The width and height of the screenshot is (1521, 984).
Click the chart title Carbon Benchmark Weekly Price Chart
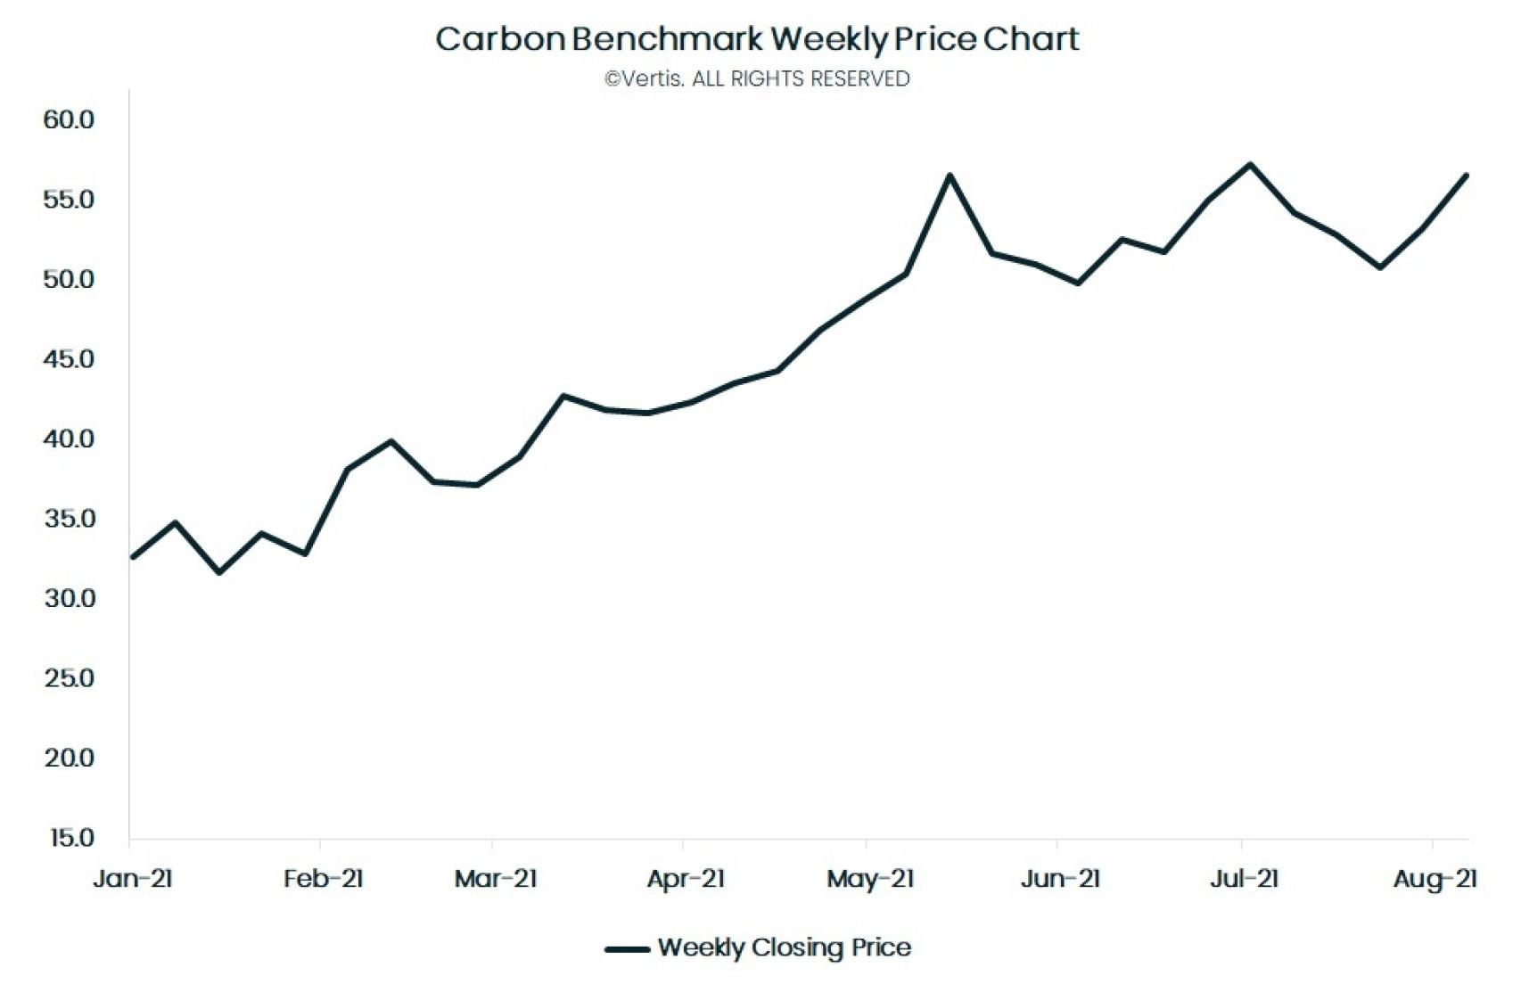(x=757, y=39)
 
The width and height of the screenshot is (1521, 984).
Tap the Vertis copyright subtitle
(x=757, y=79)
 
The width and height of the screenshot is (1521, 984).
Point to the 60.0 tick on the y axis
(x=69, y=119)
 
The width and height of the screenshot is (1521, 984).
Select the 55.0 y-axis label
(x=69, y=200)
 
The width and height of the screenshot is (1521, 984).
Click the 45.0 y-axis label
(x=69, y=359)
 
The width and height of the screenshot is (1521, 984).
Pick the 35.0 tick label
(x=69, y=519)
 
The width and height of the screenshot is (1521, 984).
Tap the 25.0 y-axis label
(x=69, y=678)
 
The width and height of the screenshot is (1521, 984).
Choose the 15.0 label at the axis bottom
(x=69, y=838)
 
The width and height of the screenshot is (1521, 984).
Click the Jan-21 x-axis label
(x=133, y=879)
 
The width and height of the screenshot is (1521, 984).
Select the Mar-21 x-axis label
(x=496, y=879)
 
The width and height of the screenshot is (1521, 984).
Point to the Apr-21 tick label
(x=686, y=879)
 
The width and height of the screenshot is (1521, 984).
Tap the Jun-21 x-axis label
(x=1060, y=879)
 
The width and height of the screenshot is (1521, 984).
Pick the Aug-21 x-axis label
(x=1435, y=879)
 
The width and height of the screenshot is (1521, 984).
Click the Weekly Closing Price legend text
(x=785, y=947)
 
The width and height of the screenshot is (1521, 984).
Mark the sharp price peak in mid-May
(x=950, y=176)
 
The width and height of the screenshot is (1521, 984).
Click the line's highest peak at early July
(x=1250, y=164)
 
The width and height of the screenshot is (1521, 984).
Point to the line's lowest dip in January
(x=219, y=572)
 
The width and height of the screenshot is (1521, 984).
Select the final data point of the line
(x=1467, y=176)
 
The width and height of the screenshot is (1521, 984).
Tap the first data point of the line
(x=133, y=557)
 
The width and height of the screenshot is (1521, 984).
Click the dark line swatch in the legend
(x=627, y=949)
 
